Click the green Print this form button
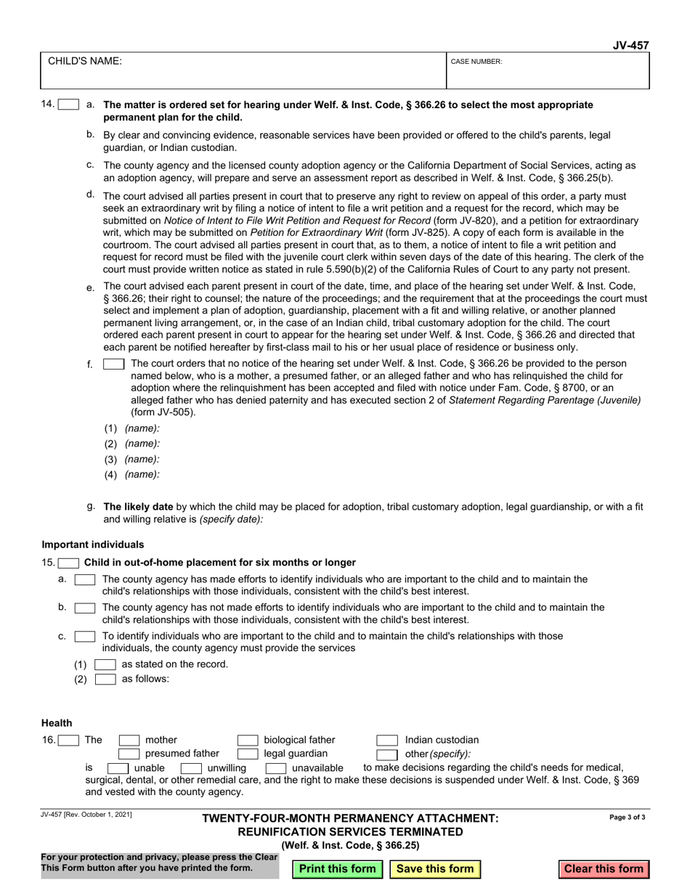338,869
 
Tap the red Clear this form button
604,869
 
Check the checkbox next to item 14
68,105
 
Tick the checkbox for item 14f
114,364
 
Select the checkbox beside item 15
69,563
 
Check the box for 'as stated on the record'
105,664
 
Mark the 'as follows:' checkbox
105,680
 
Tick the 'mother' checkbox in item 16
129,741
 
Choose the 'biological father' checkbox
248,741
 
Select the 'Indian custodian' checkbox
386,741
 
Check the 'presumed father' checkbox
129,754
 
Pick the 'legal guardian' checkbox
248,754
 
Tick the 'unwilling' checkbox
190,768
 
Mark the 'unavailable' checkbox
275,768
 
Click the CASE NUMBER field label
476,62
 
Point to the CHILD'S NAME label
85,62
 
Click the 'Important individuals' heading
93,545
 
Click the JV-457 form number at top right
630,45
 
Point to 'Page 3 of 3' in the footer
627,817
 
